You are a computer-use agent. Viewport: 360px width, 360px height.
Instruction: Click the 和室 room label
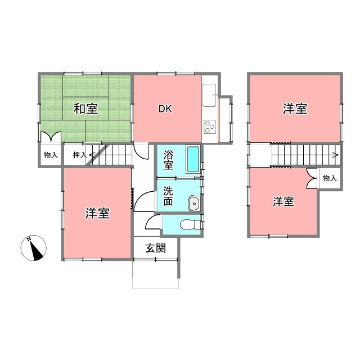[85, 109]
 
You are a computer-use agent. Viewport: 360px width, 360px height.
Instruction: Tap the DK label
[165, 109]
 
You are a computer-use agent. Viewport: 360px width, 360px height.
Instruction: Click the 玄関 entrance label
[156, 248]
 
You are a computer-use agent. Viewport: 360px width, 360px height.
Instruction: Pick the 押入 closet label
[80, 155]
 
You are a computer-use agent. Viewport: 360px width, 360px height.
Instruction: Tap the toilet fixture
[191, 224]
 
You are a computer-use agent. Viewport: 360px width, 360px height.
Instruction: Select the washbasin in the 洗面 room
[194, 204]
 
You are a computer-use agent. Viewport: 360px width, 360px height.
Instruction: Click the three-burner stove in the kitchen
[210, 127]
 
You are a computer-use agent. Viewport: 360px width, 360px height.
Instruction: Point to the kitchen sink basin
[209, 95]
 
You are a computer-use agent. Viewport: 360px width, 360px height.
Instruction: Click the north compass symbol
[34, 248]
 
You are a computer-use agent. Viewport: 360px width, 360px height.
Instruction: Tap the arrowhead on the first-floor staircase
[92, 155]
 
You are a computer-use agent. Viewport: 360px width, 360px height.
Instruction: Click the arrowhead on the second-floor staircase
[336, 155]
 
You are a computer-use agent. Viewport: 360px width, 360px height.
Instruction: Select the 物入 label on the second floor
[330, 178]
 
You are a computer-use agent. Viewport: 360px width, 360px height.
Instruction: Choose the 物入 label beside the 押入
[51, 155]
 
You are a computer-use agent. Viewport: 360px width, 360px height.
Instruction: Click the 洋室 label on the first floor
[97, 213]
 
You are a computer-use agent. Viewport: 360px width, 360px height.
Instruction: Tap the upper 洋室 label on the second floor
[295, 109]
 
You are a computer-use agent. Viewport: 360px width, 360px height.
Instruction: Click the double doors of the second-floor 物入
[312, 178]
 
